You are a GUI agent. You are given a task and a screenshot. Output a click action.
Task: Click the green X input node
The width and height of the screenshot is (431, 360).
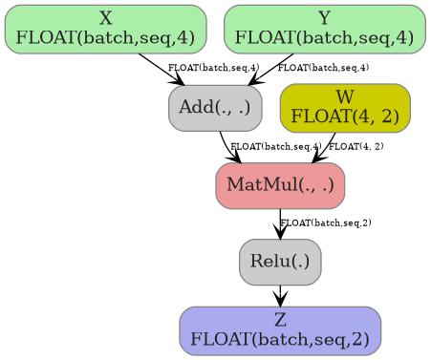[x=105, y=29]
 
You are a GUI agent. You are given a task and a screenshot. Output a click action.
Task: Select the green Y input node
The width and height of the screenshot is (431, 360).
[x=324, y=29]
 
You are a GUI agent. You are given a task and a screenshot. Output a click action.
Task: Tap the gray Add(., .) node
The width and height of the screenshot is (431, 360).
[x=215, y=107]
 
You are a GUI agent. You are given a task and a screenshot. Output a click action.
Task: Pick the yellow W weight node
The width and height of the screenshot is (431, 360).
[x=344, y=107]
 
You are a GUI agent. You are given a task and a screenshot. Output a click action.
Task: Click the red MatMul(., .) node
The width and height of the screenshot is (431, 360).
[x=280, y=185]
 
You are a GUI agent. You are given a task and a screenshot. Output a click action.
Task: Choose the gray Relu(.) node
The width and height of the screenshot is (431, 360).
[x=280, y=262]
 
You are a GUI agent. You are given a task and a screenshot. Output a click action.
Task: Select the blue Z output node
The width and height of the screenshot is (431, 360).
[x=280, y=329]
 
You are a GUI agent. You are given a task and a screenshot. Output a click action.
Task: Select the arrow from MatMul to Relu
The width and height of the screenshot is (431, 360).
[x=280, y=223]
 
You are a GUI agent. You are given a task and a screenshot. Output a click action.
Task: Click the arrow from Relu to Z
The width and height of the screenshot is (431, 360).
[x=280, y=295]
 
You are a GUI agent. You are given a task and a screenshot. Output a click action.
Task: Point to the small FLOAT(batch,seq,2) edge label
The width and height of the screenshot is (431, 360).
[x=326, y=222]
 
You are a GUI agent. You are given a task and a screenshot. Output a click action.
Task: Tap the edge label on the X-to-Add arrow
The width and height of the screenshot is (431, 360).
[x=200, y=68]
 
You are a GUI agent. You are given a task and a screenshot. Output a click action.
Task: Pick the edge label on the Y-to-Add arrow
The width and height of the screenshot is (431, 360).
[x=323, y=68]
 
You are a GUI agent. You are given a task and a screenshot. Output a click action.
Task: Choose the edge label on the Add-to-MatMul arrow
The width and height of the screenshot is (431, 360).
[x=275, y=146]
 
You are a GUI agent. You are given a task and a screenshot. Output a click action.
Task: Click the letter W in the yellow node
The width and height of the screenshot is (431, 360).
[x=345, y=97]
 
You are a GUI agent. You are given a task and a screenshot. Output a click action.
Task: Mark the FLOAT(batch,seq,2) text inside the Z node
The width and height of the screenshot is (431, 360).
[x=280, y=339]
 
